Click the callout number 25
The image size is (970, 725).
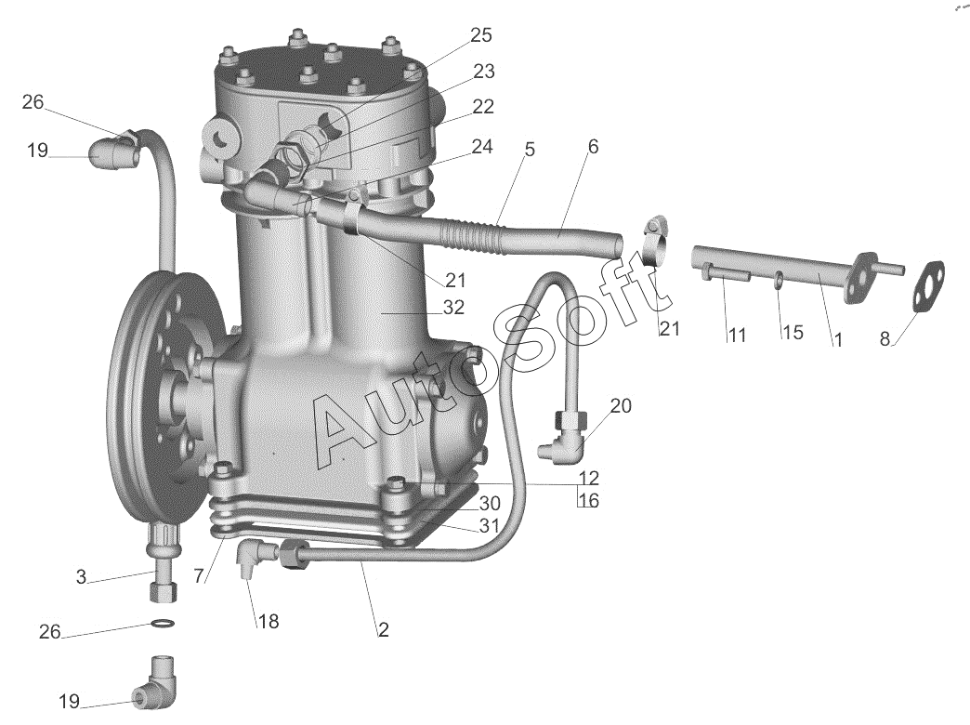480,35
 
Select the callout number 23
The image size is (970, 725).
484,72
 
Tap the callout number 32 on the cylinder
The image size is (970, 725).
453,307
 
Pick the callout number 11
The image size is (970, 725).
737,335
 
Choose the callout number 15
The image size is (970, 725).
792,333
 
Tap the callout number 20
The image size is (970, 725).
621,405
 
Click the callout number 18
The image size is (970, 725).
268,621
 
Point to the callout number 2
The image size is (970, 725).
383,629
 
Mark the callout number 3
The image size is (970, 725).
82,577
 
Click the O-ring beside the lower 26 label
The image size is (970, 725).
160,623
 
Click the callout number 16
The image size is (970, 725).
588,501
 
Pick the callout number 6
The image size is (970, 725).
593,146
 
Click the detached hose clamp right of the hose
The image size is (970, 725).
654,242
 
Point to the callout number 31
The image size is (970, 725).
490,526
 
